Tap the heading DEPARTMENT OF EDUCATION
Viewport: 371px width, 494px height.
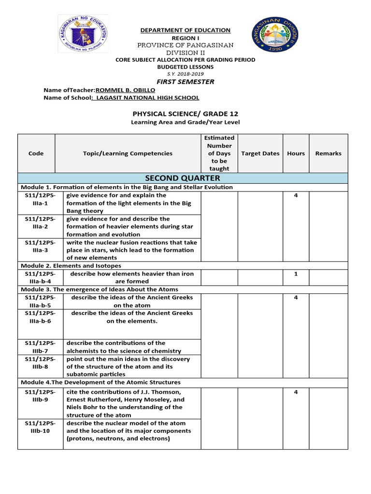click(185, 30)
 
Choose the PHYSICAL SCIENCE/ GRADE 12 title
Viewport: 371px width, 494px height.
click(185, 114)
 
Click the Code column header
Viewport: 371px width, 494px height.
click(36, 153)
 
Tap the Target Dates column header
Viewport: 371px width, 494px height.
click(260, 153)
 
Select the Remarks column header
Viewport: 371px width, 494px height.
click(328, 153)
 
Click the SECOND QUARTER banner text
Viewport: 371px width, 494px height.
click(185, 178)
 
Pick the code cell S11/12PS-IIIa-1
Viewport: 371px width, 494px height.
click(40, 199)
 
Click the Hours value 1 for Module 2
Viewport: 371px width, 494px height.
click(296, 274)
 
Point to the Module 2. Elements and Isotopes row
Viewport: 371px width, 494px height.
click(71, 266)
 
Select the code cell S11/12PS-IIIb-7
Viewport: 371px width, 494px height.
click(40, 347)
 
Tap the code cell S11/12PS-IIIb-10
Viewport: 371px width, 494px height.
click(40, 427)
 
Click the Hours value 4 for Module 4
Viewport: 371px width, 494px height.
click(296, 392)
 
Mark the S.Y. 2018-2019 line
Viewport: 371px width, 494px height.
click(185, 73)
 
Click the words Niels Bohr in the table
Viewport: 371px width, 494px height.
click(84, 407)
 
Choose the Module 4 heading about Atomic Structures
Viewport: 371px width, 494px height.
click(100, 382)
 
